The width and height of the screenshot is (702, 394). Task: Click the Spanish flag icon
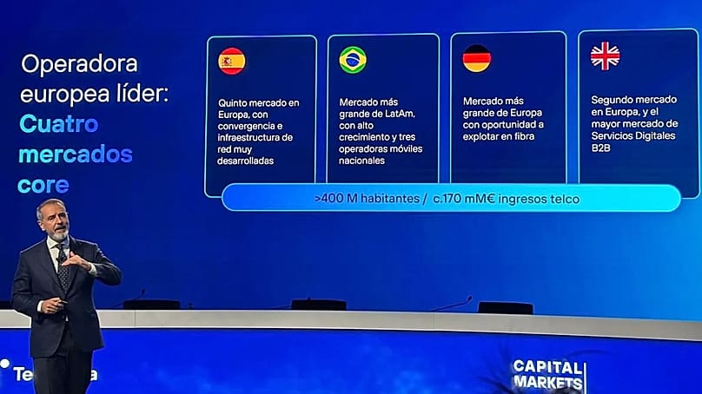[x=231, y=61]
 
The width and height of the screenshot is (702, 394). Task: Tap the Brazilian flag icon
[x=353, y=60]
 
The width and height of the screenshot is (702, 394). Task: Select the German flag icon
[x=476, y=58]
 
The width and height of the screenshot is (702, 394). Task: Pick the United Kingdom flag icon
[x=605, y=56]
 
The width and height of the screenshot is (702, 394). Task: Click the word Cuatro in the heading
[x=58, y=124]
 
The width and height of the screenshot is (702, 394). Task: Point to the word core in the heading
[x=43, y=186]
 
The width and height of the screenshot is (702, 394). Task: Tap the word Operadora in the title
[x=79, y=64]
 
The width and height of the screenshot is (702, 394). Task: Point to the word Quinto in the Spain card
[x=235, y=102]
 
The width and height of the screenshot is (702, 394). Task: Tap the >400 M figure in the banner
[x=334, y=199]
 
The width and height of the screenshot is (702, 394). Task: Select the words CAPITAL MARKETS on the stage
[x=548, y=373]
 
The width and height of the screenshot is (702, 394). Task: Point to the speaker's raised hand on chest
[x=76, y=260]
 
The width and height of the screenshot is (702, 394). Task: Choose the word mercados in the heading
[x=76, y=155]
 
